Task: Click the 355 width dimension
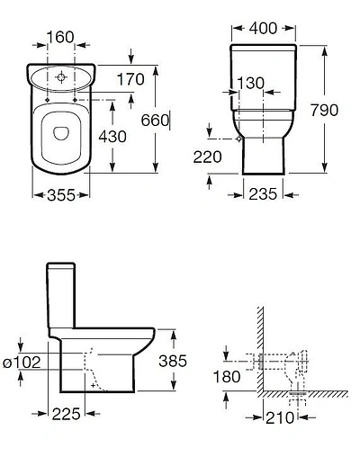click(x=58, y=193)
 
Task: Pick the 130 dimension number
click(x=249, y=83)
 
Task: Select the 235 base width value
click(x=263, y=193)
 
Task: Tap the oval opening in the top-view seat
click(x=59, y=134)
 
